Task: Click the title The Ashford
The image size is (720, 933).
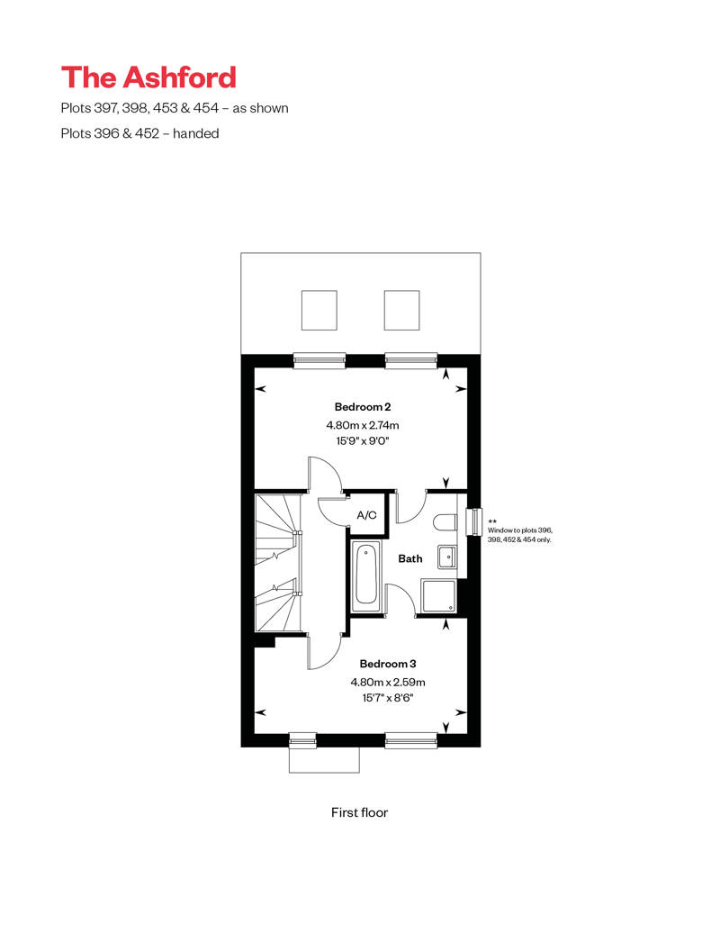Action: coord(148,77)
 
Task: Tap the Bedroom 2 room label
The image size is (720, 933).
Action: coord(362,407)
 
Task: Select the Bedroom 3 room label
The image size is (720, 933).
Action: coord(362,664)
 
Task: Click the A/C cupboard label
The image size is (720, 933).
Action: coord(366,515)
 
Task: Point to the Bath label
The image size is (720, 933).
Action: coord(410,558)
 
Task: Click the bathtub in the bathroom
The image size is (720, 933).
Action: coord(365,575)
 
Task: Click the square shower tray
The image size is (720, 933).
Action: coord(438,595)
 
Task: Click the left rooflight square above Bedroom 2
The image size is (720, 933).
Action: coord(319,311)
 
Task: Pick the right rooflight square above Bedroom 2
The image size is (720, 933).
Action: coord(402,311)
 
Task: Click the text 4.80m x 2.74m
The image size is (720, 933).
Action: coord(362,425)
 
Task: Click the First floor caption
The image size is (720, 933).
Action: coord(359,812)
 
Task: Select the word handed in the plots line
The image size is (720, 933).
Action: coord(198,133)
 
